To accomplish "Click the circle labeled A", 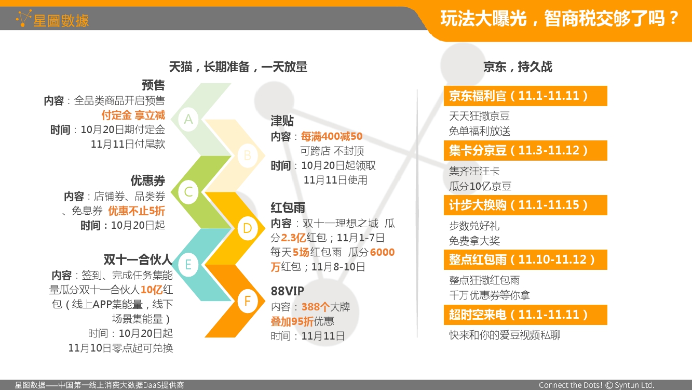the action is tap(188, 119).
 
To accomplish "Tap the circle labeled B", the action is tap(248, 155).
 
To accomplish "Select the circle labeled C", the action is tap(188, 192).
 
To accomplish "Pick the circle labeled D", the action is tap(248, 228).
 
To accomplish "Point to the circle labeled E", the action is tap(188, 265).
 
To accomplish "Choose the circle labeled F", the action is tap(248, 301).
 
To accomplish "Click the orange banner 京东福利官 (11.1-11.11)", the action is tap(525, 96).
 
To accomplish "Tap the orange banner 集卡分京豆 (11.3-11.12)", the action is tap(525, 150).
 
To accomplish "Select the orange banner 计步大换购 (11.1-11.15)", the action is tap(525, 205).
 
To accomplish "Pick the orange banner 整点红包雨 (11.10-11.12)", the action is tap(525, 259).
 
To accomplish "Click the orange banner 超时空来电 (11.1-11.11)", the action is tap(525, 315).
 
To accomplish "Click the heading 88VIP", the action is tap(287, 291).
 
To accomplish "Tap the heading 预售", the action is tap(153, 85).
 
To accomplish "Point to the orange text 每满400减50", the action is tap(332, 136).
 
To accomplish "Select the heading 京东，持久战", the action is tap(518, 67).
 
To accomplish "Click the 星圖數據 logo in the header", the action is tap(52, 19).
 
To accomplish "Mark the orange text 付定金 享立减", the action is tap(133, 115).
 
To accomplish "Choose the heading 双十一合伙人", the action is tap(138, 259).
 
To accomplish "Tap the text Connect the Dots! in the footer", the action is tap(571, 385).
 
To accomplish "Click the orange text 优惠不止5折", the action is tap(137, 211).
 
